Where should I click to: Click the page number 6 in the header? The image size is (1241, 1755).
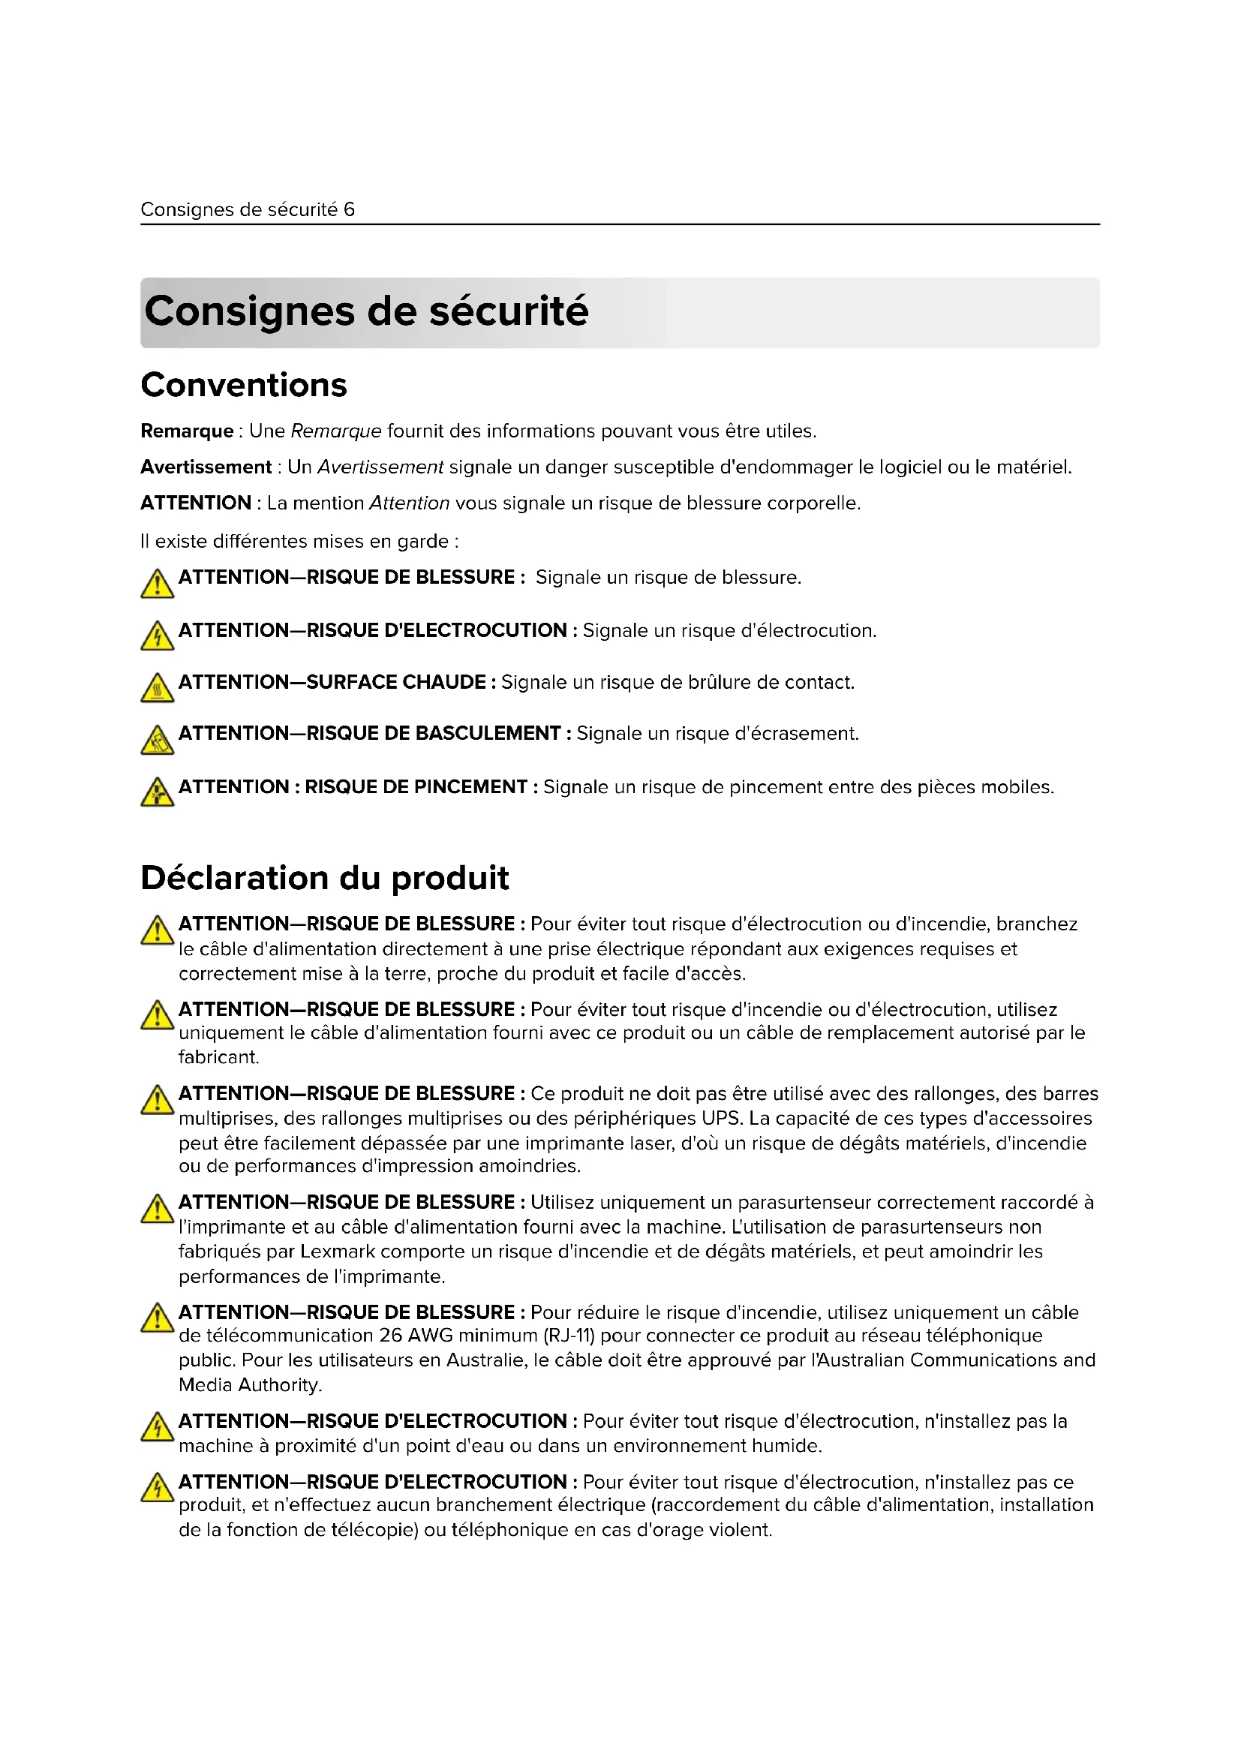click(x=349, y=209)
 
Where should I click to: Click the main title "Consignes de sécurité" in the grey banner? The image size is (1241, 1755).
click(x=366, y=311)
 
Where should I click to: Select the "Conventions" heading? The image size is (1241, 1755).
click(x=244, y=384)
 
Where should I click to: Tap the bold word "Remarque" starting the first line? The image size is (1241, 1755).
click(x=187, y=431)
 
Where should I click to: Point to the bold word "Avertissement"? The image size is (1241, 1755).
click(x=206, y=467)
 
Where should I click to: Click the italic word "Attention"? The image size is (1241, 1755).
click(x=409, y=503)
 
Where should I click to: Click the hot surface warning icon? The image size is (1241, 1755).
click(x=157, y=689)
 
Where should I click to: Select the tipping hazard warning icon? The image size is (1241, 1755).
click(x=157, y=740)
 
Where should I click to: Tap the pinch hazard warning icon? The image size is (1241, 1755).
click(x=157, y=792)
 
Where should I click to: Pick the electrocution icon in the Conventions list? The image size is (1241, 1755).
click(x=157, y=636)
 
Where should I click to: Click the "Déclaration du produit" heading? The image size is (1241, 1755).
click(x=325, y=878)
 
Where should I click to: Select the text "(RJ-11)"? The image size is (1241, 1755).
click(x=569, y=1336)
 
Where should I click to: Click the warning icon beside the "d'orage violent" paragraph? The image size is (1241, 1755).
click(x=157, y=1488)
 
